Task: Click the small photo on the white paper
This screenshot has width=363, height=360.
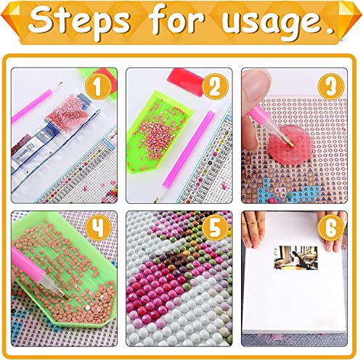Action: tap(295, 259)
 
